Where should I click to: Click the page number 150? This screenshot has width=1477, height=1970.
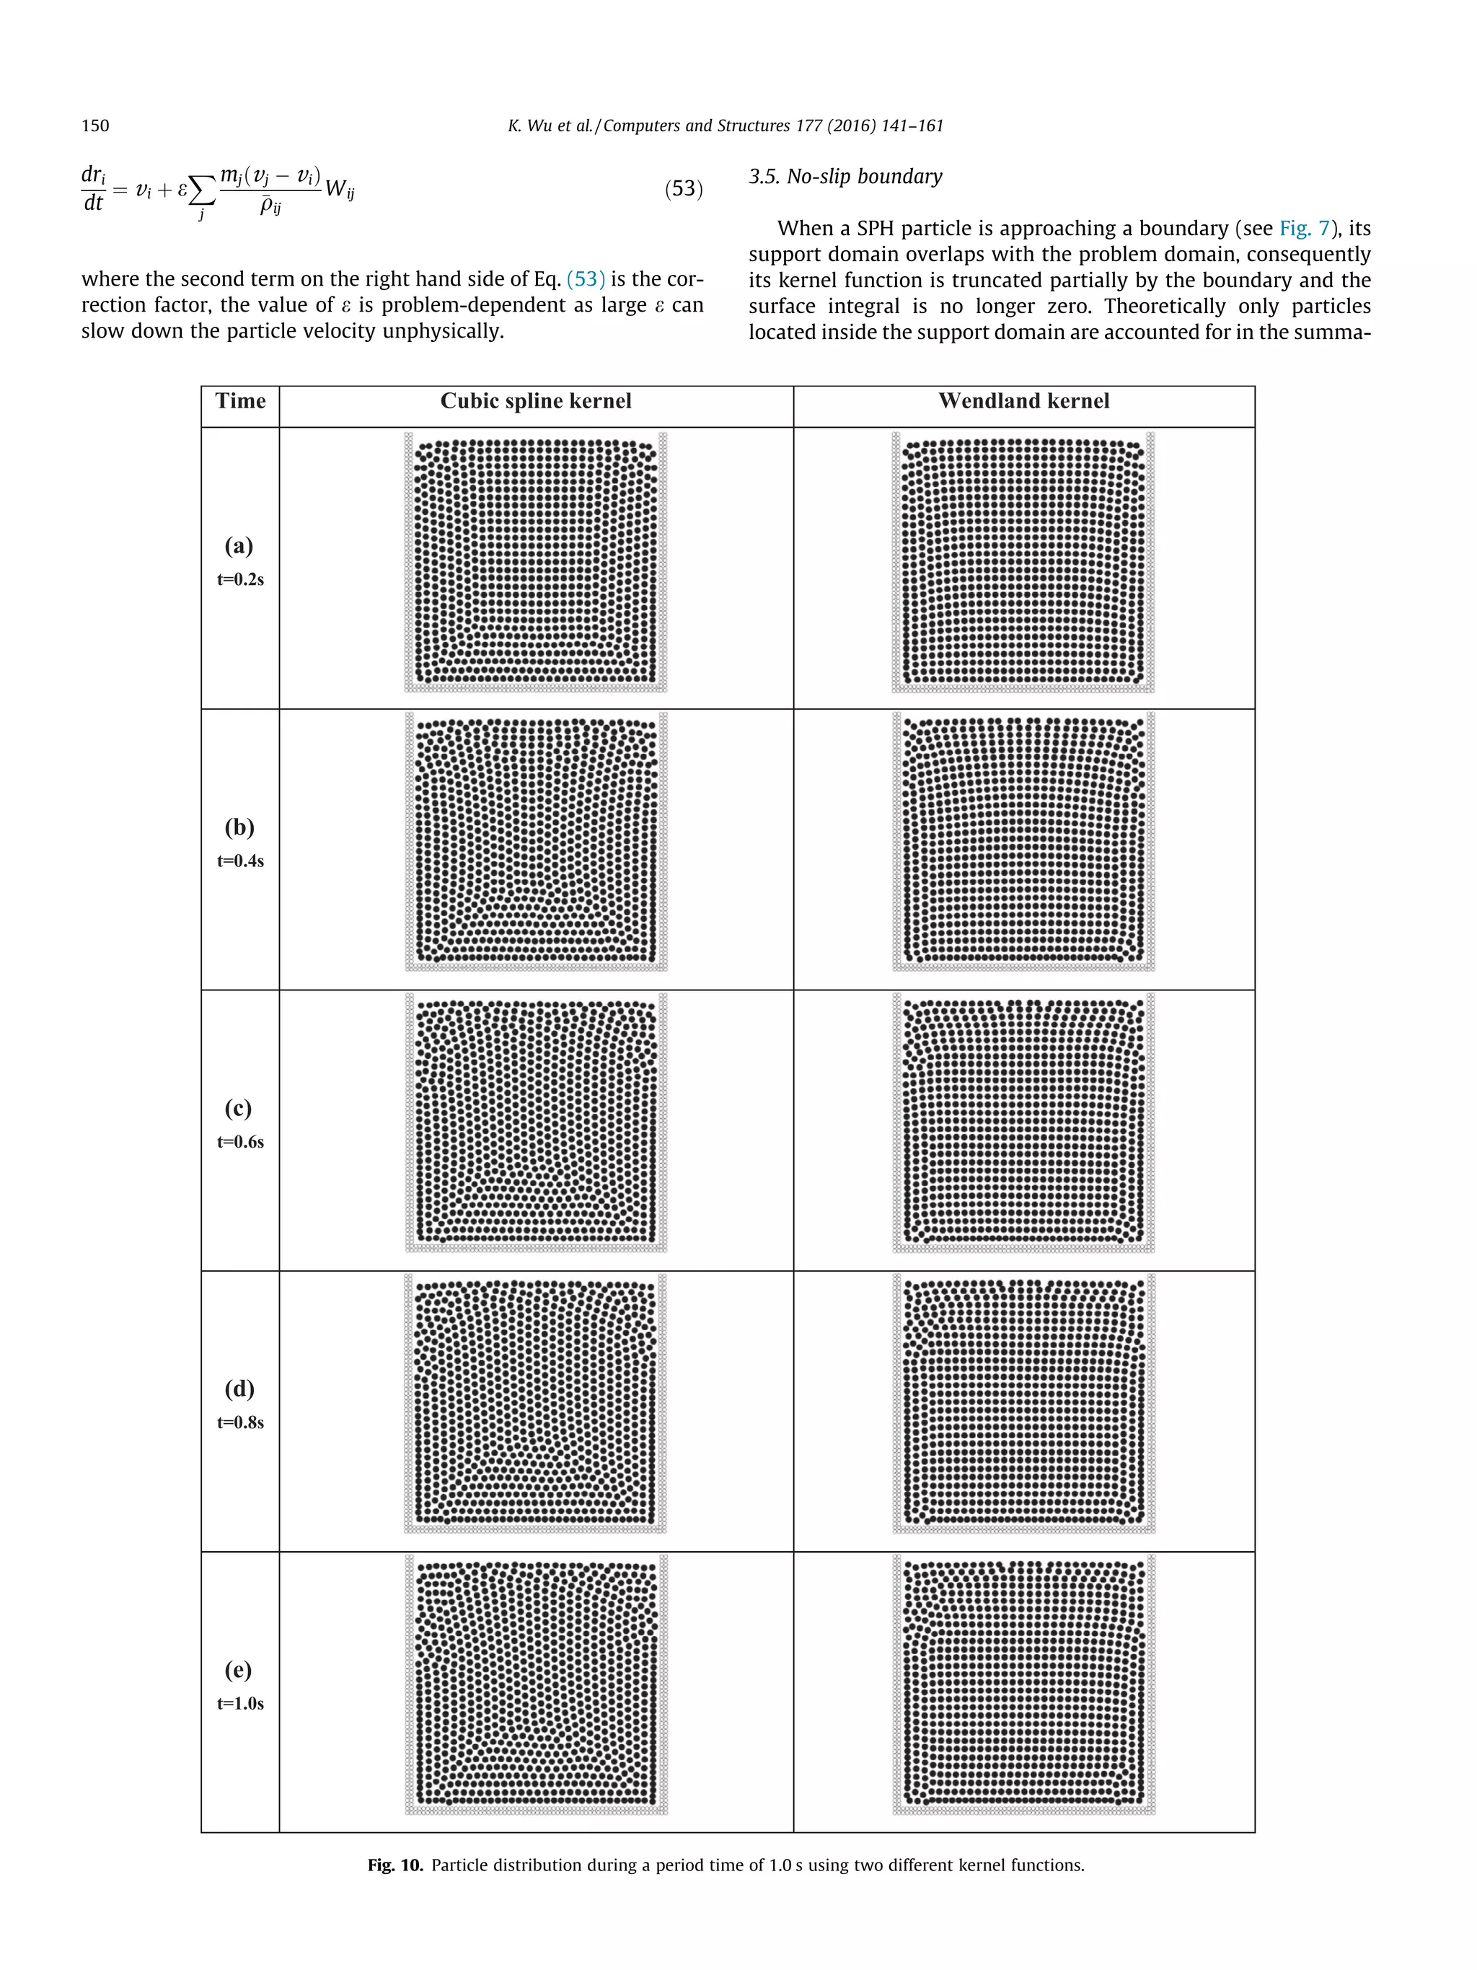95,126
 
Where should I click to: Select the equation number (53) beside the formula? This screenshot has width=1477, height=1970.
683,189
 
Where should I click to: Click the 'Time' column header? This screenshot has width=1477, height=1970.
240,401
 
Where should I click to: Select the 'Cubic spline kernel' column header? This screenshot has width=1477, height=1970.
536,401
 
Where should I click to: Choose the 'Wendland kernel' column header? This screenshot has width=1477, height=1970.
1024,401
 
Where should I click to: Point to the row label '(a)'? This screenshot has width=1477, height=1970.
239,545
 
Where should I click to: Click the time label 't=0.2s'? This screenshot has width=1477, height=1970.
240,579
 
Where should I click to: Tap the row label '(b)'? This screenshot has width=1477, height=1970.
239,827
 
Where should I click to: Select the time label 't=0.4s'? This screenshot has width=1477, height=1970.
240,861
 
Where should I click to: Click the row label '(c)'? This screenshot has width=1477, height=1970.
239,1108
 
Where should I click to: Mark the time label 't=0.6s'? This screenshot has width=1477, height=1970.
240,1142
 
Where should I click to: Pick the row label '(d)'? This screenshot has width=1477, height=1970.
239,1389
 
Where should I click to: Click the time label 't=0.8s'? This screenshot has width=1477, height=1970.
240,1422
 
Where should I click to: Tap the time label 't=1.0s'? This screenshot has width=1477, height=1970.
240,1703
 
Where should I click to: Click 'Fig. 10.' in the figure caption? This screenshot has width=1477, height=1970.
394,1865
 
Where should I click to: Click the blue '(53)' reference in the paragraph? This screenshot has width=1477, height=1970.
585,278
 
